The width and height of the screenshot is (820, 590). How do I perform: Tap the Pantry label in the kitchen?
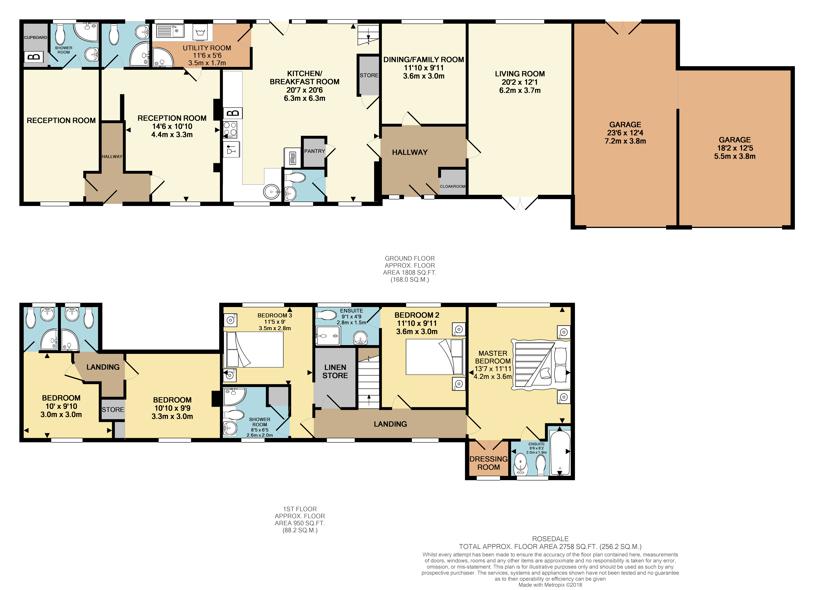point(314,151)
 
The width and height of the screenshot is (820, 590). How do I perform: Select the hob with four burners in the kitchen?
point(230,129)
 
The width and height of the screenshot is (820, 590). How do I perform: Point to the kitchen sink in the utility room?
point(170,31)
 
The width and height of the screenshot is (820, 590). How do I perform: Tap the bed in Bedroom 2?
point(434,357)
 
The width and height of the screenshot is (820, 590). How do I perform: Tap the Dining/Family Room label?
point(423,60)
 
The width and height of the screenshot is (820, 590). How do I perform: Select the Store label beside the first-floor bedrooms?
point(113,410)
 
